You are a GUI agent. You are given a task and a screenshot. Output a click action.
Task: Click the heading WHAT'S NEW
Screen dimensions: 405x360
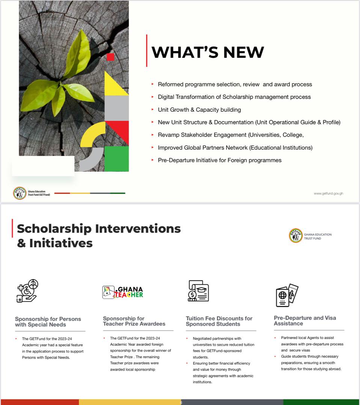(x=207, y=52)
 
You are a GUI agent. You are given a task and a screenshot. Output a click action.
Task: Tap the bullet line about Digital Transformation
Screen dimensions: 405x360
(x=234, y=97)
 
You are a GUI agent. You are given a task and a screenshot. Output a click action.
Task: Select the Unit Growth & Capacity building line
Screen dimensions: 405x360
(x=199, y=109)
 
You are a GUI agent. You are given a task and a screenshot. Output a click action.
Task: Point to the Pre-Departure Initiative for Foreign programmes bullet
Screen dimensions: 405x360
(x=220, y=160)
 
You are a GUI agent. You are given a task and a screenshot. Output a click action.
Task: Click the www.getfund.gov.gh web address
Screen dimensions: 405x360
(x=328, y=193)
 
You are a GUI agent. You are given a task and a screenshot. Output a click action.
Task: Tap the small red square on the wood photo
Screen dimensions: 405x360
(x=110, y=57)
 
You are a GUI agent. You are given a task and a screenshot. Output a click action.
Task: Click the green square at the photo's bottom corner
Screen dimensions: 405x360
(x=116, y=159)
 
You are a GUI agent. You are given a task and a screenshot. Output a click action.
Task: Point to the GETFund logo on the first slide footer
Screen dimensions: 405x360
(x=20, y=193)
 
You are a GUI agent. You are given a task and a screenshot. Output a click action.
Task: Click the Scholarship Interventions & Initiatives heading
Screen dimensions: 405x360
(x=99, y=235)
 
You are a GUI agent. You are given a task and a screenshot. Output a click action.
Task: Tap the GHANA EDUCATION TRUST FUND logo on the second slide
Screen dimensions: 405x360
(x=296, y=235)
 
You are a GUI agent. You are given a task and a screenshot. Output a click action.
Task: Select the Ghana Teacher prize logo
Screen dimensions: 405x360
(x=123, y=292)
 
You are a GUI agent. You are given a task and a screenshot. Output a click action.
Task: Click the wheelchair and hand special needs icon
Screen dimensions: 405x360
(x=27, y=291)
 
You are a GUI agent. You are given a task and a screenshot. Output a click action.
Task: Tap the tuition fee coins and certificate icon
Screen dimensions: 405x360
(x=198, y=291)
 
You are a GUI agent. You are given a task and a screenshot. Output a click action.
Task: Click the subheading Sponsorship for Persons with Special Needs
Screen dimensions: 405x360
(x=48, y=322)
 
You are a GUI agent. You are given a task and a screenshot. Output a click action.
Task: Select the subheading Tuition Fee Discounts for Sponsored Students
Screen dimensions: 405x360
(x=219, y=321)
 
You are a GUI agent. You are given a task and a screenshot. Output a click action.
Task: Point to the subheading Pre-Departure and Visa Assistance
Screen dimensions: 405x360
(x=305, y=320)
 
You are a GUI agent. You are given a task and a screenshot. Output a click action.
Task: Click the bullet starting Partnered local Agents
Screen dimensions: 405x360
(x=312, y=344)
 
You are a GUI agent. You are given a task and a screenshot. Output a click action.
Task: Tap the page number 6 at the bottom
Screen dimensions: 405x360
(x=181, y=402)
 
